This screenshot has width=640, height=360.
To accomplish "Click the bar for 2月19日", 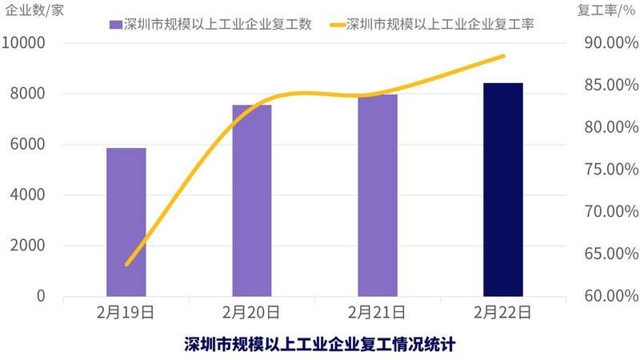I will (126, 222).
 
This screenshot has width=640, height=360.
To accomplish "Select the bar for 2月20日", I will (252, 200).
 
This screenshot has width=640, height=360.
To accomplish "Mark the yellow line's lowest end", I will (126, 264).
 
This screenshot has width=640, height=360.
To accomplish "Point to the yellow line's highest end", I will (504, 56).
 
